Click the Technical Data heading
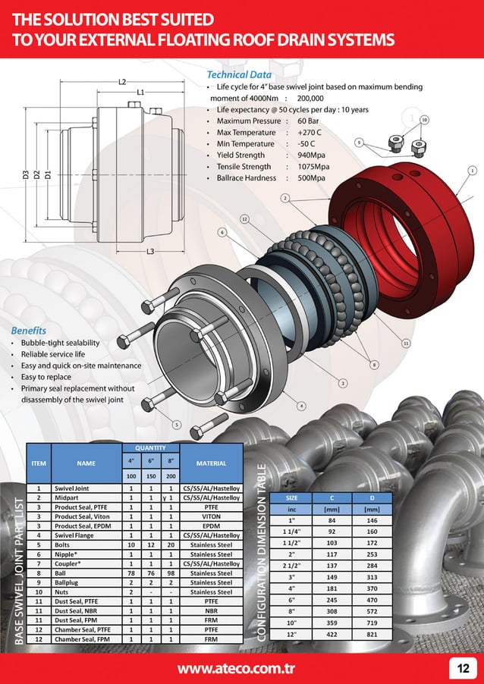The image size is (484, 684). pos(239,74)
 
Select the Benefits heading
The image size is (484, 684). pos(29,331)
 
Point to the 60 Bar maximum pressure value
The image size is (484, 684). pos(308,121)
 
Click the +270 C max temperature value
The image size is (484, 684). pos(311,132)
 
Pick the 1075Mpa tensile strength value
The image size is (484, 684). pos(313,166)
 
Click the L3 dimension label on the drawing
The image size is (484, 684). pos(150,251)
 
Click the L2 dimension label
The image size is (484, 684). pos(121,81)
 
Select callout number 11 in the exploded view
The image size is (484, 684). pos(406,344)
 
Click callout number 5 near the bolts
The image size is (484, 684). pos(176,425)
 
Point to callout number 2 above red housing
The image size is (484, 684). pos(284,198)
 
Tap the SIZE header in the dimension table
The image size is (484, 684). pos(292,497)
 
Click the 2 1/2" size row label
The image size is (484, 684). pos(292,566)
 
